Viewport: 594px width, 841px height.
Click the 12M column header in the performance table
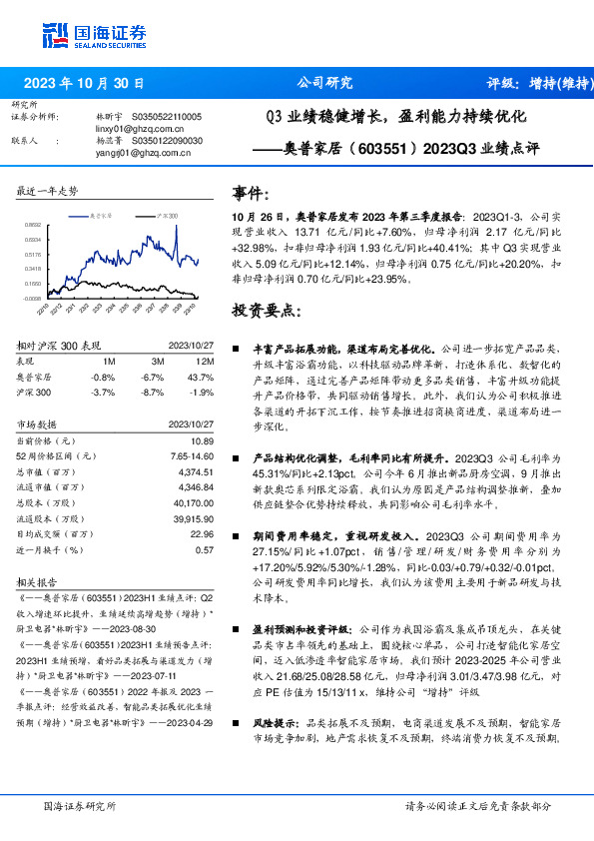pos(206,361)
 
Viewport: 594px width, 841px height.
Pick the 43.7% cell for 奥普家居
pos(202,377)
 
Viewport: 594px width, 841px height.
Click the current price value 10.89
pos(204,440)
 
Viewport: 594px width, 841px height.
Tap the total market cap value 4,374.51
pos(196,471)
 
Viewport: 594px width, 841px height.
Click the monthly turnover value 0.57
pos(205,549)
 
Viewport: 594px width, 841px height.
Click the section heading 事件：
pos(253,194)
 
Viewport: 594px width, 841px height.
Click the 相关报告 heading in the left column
pos(41,580)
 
